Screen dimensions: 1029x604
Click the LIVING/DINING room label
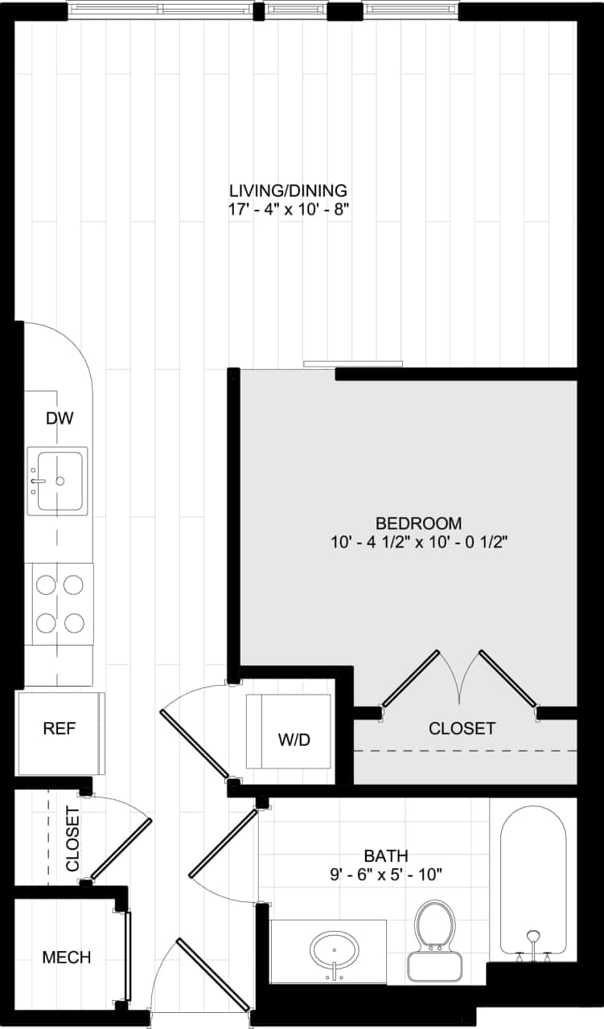[x=288, y=191]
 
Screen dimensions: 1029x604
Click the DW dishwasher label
[x=60, y=418]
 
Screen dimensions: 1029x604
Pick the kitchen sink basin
[x=58, y=480]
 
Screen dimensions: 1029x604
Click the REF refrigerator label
[x=60, y=729]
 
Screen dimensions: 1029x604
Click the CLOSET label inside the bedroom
[x=462, y=729]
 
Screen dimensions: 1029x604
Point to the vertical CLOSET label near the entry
[x=72, y=838]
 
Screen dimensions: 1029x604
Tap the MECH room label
[x=67, y=957]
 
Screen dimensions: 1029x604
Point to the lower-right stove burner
[x=74, y=622]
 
